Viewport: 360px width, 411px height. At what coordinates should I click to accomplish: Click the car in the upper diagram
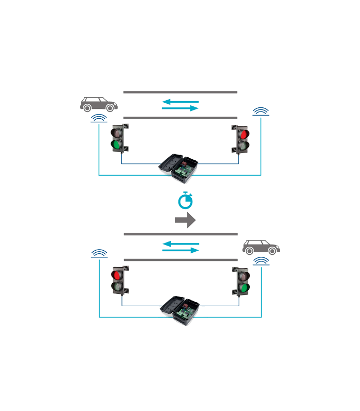click(98, 104)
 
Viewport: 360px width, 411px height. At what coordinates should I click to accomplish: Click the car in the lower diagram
click(261, 248)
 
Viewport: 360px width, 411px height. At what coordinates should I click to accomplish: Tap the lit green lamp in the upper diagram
click(117, 145)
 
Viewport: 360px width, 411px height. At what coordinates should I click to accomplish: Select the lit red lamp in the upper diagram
click(243, 135)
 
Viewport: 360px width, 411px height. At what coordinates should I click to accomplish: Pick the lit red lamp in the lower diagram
click(117, 275)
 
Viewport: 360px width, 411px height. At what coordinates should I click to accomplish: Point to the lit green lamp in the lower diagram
click(244, 287)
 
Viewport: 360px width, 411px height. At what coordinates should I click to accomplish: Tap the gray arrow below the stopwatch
click(185, 220)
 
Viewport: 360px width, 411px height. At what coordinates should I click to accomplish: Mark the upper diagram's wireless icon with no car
click(262, 111)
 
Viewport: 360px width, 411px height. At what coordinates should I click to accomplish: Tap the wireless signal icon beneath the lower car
click(262, 262)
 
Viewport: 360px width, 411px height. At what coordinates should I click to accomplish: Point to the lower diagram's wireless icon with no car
click(98, 253)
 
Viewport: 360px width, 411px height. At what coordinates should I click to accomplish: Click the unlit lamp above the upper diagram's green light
click(117, 134)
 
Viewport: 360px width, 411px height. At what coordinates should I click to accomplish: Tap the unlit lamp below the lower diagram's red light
click(117, 287)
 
